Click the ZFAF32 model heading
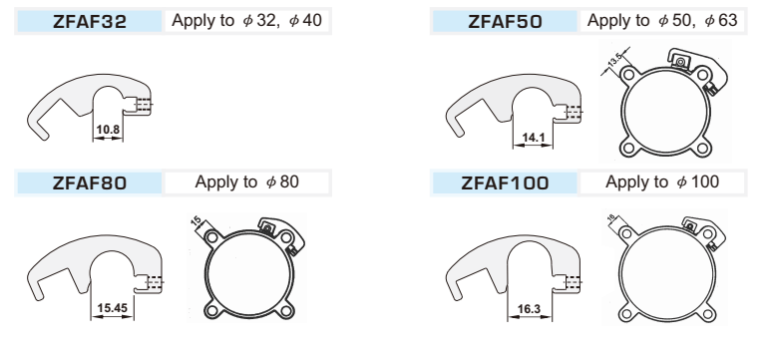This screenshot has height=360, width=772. (x=90, y=21)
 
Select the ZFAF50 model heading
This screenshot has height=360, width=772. (x=505, y=21)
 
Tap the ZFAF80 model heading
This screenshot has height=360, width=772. (x=90, y=183)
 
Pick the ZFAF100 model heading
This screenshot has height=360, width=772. (x=505, y=183)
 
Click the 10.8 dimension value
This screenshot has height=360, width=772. (x=108, y=130)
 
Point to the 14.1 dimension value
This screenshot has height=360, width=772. (x=534, y=138)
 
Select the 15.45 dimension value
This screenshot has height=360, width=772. (x=113, y=308)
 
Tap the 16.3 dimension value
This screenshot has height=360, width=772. (x=530, y=309)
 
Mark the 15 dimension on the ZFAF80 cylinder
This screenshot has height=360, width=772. (x=195, y=222)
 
